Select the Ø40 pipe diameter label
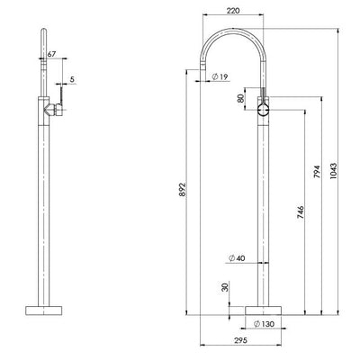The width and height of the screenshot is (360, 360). point(235,259)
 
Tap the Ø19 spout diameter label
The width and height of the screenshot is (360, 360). point(220,77)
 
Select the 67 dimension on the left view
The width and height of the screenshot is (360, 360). point(51,56)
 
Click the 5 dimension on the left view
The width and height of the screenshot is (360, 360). point(71,79)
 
